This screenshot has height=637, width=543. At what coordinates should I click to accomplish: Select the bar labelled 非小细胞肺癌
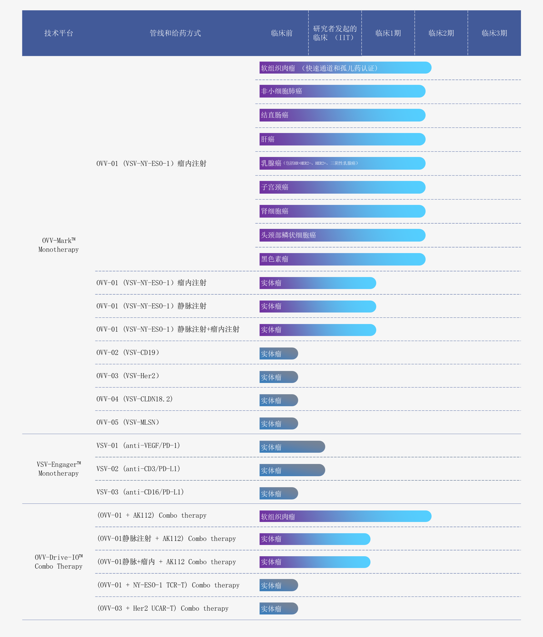click(x=342, y=91)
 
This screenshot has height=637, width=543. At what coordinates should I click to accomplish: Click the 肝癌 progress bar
click(x=342, y=139)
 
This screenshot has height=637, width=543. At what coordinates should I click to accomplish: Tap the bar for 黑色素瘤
click(x=342, y=259)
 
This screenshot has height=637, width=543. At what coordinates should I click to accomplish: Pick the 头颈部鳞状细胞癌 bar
click(x=342, y=235)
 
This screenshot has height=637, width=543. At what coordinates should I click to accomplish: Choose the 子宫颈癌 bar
click(x=342, y=187)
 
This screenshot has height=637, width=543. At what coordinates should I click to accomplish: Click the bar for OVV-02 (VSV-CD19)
click(x=279, y=353)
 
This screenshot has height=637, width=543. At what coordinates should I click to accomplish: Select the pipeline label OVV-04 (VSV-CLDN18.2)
click(x=134, y=399)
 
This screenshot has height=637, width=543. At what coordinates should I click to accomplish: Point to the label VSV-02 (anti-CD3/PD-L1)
click(x=138, y=469)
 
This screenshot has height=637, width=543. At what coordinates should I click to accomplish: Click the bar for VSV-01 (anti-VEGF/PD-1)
click(x=292, y=447)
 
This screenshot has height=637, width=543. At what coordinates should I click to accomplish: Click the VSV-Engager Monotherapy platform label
click(x=58, y=469)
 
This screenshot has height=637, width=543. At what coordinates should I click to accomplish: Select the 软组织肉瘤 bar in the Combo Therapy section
click(x=345, y=516)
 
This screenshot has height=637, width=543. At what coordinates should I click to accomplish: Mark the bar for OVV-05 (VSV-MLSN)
click(x=279, y=423)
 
